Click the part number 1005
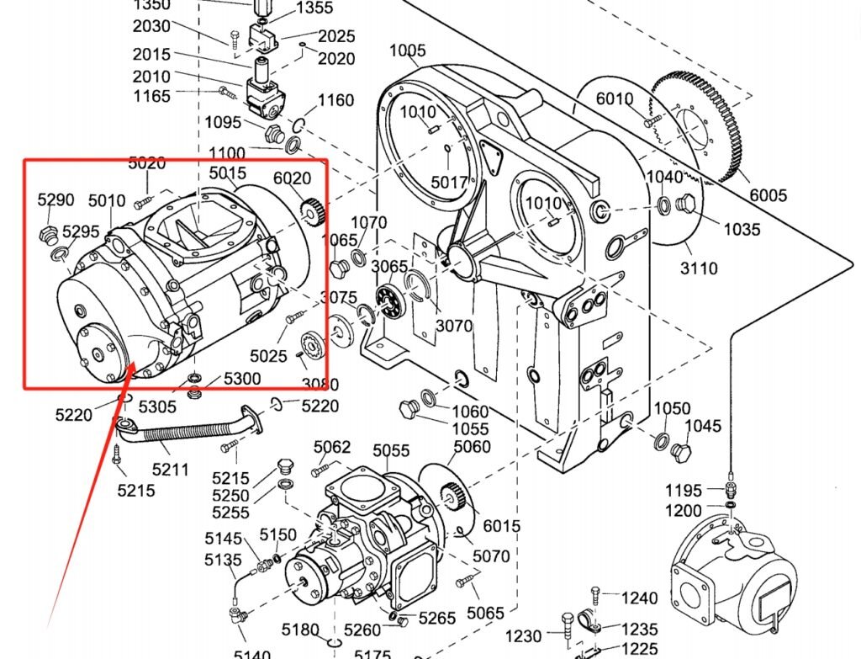click(x=407, y=50)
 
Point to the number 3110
click(x=699, y=268)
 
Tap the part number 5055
click(x=391, y=451)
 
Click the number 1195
click(x=683, y=491)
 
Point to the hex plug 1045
click(x=679, y=454)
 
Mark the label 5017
click(x=449, y=182)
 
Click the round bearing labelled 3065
click(x=387, y=301)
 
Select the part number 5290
click(x=56, y=199)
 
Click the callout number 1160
click(x=335, y=101)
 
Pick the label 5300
click(x=242, y=379)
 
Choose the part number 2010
click(x=151, y=77)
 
